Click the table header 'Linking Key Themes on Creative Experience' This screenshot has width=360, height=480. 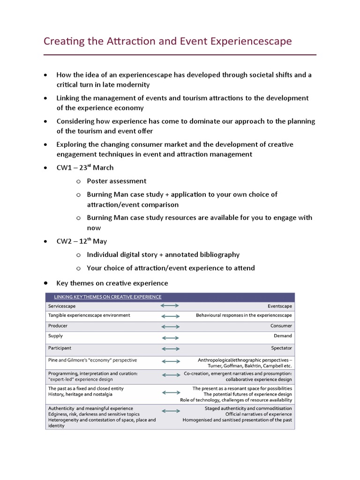point(108,297)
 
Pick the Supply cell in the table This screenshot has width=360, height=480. point(55,336)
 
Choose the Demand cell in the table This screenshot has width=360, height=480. point(283,336)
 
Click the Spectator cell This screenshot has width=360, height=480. point(281,348)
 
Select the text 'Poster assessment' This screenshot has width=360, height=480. point(116,181)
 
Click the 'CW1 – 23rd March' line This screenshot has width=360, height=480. point(85,168)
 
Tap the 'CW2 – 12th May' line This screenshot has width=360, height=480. point(82,241)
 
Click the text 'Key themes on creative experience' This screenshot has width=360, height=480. point(112,283)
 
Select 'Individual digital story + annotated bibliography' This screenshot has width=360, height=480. point(163,255)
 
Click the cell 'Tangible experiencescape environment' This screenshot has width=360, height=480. point(89,315)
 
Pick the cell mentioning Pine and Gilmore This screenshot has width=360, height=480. point(92,360)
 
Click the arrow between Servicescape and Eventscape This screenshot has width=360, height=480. point(170,306)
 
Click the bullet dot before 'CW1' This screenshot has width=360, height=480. point(45,168)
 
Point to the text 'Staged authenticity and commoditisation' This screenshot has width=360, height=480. point(248,408)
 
